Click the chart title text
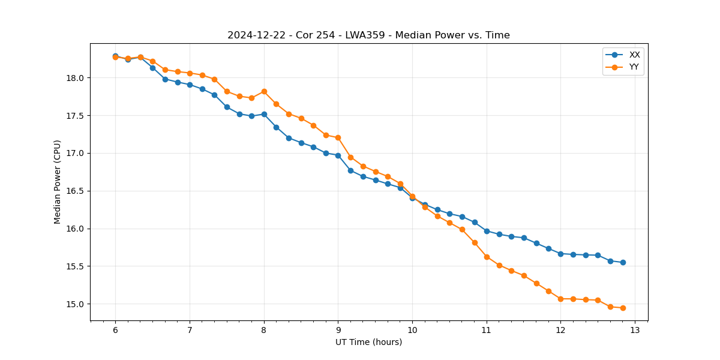click(368, 35)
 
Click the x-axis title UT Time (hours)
click(368, 342)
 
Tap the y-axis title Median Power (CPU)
click(58, 182)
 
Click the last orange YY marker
click(623, 308)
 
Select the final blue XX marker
click(623, 262)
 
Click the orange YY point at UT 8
click(264, 91)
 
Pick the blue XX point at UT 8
click(264, 114)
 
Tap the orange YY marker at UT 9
click(338, 137)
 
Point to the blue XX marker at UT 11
click(487, 231)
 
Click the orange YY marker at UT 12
click(560, 299)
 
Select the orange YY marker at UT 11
click(487, 257)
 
